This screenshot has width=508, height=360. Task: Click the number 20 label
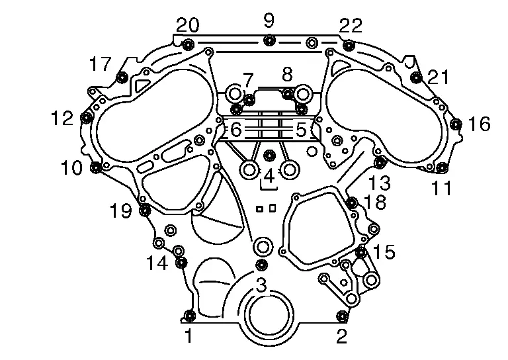(x=188, y=24)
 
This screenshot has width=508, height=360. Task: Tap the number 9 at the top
(x=269, y=20)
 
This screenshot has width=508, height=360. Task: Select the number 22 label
(x=351, y=25)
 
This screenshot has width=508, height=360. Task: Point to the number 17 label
(x=101, y=64)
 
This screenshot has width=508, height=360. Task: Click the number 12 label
(x=63, y=118)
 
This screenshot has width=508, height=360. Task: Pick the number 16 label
(x=479, y=124)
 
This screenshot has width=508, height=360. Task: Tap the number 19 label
(x=121, y=210)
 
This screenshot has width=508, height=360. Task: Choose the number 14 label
(x=157, y=263)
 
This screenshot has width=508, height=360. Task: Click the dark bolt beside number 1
(x=189, y=315)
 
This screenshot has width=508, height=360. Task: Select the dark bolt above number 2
(x=342, y=315)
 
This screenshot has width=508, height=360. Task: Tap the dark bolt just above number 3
(x=261, y=265)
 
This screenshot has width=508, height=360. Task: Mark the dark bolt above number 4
(x=269, y=156)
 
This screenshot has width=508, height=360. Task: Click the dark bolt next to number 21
(x=416, y=77)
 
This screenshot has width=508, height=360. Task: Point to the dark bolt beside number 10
(x=96, y=167)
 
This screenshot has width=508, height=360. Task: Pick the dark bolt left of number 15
(x=361, y=251)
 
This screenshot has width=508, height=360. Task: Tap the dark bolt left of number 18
(x=352, y=203)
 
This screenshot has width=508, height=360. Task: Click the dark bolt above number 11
(x=442, y=168)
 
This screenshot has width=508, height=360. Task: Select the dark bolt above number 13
(x=380, y=162)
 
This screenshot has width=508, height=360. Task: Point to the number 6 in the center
(x=236, y=130)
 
